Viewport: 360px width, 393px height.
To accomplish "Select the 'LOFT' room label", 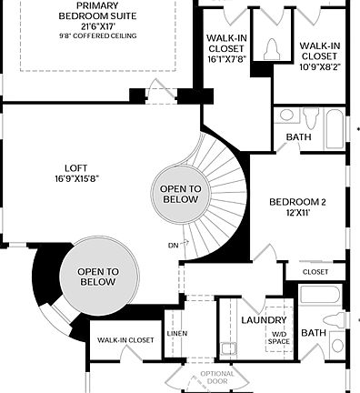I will coord(76,167).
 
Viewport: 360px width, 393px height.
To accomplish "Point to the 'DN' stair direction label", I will coord(174,244).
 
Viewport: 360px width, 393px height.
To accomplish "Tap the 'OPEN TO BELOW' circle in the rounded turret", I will coord(96,276).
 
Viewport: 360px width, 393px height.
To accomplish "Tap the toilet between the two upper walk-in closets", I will coord(269,52).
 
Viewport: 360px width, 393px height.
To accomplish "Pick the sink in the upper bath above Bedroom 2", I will coord(287,116).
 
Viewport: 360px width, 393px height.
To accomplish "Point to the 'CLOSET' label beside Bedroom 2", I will coord(315,271).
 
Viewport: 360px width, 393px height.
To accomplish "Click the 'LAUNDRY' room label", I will coord(264,320).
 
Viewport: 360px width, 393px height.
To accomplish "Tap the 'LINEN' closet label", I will coord(177,333).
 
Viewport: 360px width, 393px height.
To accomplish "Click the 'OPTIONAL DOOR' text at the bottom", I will coord(217,378).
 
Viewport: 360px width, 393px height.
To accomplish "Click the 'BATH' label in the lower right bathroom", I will coord(314,333).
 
